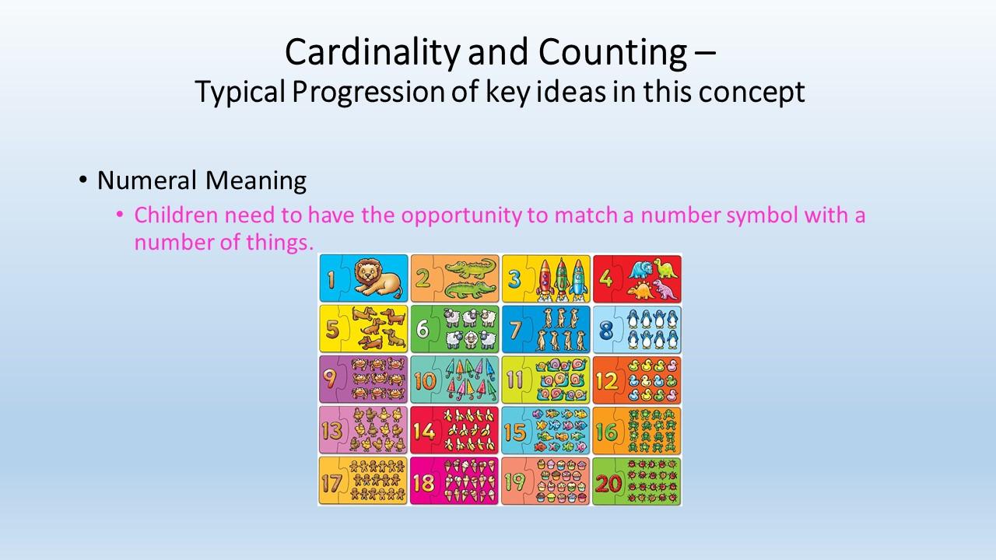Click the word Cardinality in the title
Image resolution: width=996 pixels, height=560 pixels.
coord(373,53)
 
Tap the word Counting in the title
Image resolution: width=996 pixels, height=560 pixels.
coord(612,53)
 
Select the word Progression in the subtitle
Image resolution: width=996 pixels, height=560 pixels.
coord(368,93)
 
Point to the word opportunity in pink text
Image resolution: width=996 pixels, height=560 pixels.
coord(461,216)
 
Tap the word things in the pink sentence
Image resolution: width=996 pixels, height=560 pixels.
coord(279,243)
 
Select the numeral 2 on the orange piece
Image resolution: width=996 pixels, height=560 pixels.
coord(423,278)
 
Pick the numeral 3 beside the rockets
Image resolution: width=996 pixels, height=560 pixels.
coord(514,278)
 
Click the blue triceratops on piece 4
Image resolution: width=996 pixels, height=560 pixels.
coord(640,270)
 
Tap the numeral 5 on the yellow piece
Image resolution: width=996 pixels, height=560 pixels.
coord(332,329)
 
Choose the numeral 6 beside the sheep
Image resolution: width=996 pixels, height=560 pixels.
coord(423,329)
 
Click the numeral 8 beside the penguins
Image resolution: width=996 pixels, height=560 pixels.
coord(606,329)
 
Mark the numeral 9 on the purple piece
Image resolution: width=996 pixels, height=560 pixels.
coord(330,379)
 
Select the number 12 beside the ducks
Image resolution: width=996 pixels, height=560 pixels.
coord(607,381)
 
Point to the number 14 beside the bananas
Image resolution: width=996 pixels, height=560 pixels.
coord(424,432)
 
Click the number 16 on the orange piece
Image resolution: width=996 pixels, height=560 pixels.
coord(607,432)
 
